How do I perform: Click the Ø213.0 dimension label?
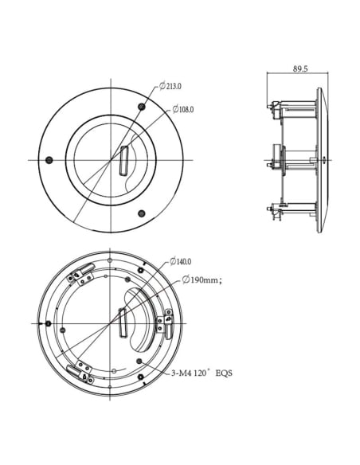tap(170, 86)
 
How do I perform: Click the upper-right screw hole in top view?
tap(142, 107)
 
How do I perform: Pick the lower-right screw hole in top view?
tap(142, 213)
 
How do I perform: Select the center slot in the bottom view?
tap(123, 324)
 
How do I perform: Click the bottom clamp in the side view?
tap(278, 211)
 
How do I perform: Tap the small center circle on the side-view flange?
tap(324, 159)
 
